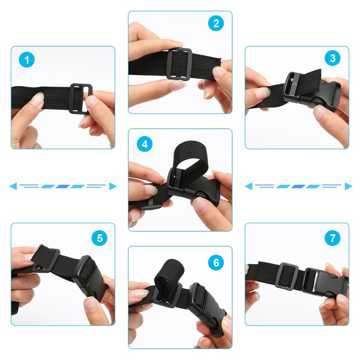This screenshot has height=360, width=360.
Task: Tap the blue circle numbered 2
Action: click(216, 23)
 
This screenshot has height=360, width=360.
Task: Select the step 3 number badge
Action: click(333, 58)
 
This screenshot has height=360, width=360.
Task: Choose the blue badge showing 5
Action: click(99, 238)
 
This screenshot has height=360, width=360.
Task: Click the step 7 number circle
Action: click(333, 238)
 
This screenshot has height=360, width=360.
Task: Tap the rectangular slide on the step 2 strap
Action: click(179, 64)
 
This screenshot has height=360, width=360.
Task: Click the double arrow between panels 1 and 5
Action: click(63, 186)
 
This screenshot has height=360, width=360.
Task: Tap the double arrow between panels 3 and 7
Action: click(297, 186)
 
